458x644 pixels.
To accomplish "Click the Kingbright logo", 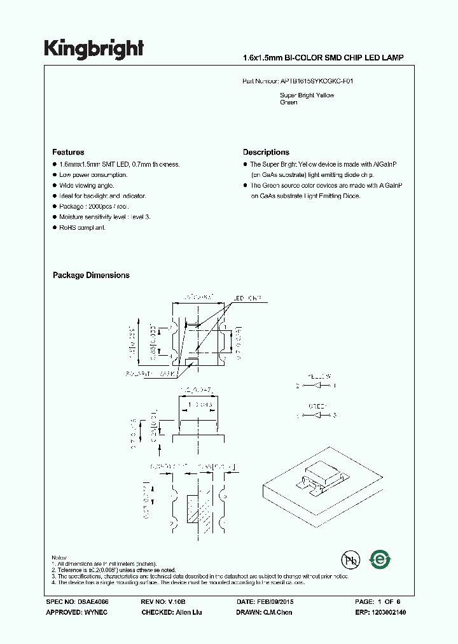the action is pos(94,49).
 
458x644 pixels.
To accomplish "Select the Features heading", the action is pos(68,152).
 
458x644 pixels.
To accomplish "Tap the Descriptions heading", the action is pos(266,152).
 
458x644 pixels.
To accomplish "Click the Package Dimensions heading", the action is pos(91,275).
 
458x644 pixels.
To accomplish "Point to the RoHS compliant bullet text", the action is pos(82,227).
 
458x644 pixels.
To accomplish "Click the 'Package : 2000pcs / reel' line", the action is pos(94,207).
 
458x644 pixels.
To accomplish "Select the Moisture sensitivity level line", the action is pos(104,217).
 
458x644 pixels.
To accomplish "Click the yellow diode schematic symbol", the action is pos(317,386).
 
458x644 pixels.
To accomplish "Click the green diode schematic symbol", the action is pos(317,416).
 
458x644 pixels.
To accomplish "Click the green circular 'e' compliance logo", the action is pos(381,560).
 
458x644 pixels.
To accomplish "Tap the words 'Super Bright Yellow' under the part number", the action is pos(307,95).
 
